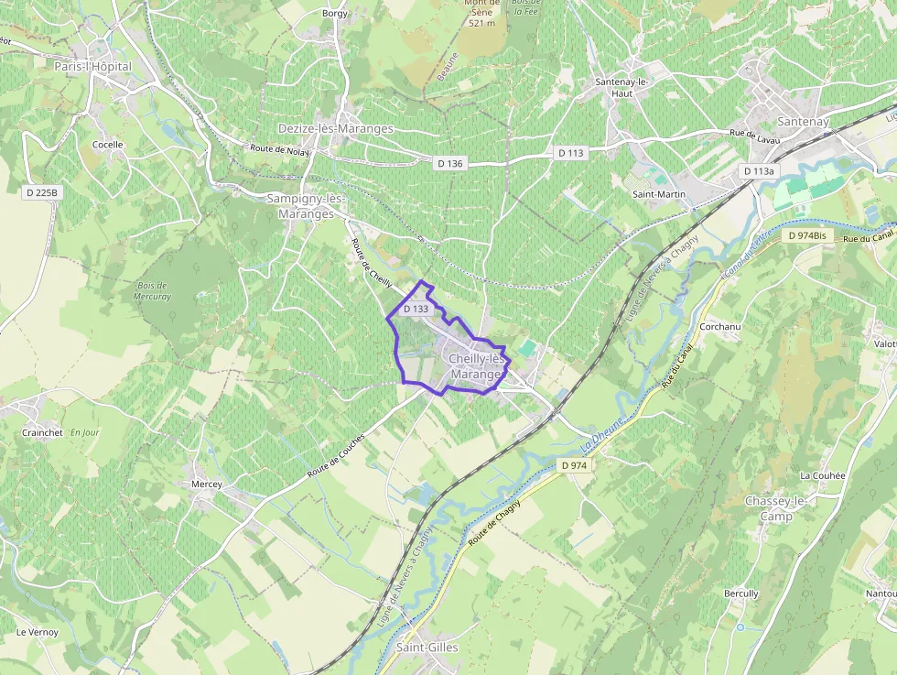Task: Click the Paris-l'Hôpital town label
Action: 92,67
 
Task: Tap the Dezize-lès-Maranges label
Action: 336,129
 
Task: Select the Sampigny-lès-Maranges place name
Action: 306,206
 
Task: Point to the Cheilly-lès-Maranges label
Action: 477,367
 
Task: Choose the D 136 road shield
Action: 450,163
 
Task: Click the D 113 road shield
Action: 571,153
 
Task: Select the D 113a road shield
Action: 759,171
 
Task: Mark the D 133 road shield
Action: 416,310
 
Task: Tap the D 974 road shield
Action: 574,465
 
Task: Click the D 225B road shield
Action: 42,192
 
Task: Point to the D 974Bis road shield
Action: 807,235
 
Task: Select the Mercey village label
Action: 207,484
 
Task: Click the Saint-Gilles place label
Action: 427,648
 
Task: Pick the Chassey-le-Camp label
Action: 775,508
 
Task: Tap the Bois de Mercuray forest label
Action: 153,290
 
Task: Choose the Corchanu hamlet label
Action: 719,326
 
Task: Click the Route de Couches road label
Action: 336,455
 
